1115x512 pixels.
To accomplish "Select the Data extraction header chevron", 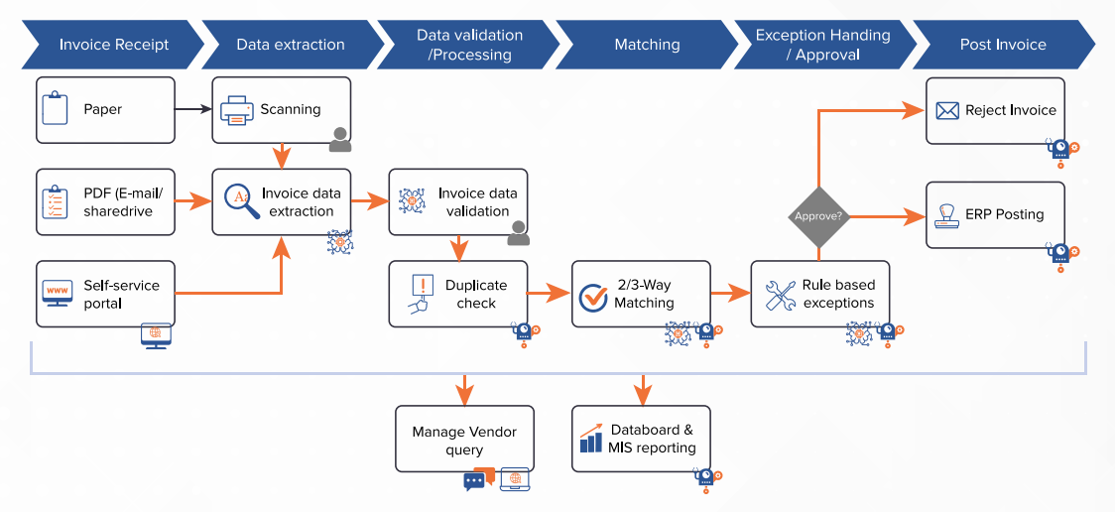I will point(291,45).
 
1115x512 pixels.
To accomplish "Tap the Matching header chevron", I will point(647,45).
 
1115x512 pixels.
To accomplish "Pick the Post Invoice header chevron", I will point(1003,45).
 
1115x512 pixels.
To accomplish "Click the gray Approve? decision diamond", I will point(817,215).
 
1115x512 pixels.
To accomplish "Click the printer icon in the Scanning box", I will point(237,110).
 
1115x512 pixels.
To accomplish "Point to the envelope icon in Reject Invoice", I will point(947,110).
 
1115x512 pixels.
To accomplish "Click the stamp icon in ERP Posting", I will point(947,215).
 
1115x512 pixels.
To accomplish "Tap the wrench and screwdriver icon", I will point(781,295).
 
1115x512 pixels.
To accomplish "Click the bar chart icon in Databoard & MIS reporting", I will point(591,440).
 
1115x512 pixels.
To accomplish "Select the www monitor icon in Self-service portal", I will point(58,294).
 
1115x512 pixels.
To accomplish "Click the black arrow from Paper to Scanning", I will point(193,109).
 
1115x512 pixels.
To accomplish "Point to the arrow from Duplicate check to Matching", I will point(549,294).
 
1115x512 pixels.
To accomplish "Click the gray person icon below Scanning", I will point(340,140).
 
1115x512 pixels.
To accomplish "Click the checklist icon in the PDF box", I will point(57,201).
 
